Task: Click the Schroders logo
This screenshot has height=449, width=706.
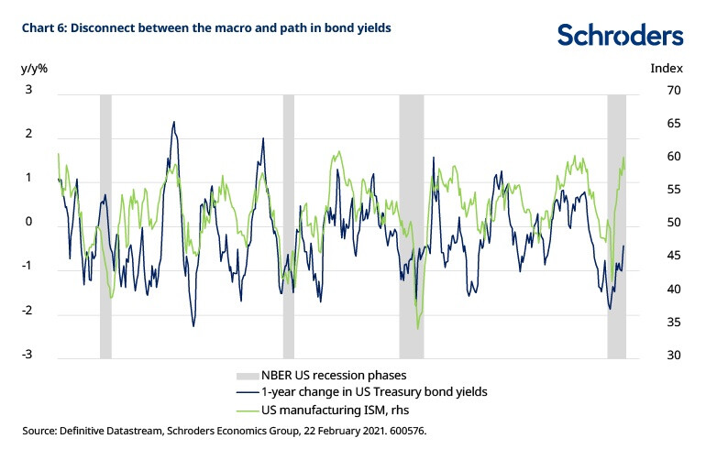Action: tap(620, 35)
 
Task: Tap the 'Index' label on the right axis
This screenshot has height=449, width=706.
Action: tap(666, 68)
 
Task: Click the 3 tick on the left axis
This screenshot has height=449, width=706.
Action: tap(28, 90)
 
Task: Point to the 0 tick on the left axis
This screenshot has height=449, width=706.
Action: tap(28, 223)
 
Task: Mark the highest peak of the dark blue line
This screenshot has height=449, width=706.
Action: tap(173, 121)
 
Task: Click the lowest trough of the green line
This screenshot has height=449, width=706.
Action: tap(418, 329)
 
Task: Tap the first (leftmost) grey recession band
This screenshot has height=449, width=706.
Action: tap(105, 224)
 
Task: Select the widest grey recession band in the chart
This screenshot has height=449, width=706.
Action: tap(412, 224)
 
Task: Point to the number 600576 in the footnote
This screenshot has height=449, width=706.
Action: tap(404, 429)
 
